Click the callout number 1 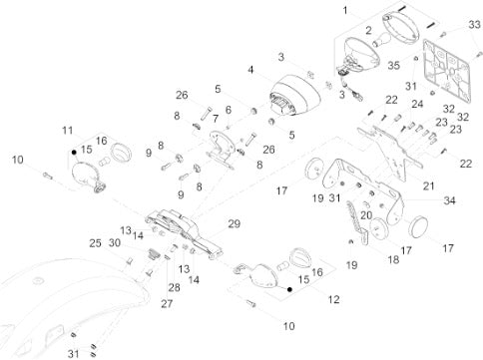click(x=345, y=11)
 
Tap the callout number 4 click(x=250, y=70)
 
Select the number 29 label click(x=234, y=223)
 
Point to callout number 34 click(x=449, y=200)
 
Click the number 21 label click(x=428, y=185)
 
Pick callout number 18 click(x=393, y=259)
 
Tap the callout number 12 click(x=333, y=299)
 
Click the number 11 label click(x=68, y=131)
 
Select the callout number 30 click(x=115, y=243)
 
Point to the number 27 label click(x=167, y=303)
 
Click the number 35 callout click(x=393, y=65)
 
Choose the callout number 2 click(x=368, y=31)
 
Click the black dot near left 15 click(x=74, y=152)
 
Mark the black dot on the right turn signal click(x=289, y=289)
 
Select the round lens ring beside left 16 click(x=121, y=152)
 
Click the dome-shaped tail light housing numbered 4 click(x=294, y=95)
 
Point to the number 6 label click(x=229, y=110)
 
